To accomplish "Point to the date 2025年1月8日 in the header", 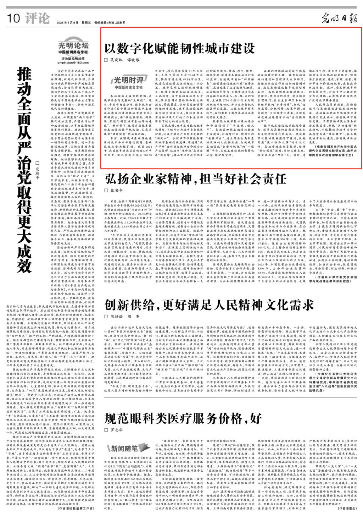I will click(66, 22).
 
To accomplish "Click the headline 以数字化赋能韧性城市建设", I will click(179, 48).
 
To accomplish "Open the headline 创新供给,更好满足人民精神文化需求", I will click(209, 304).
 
